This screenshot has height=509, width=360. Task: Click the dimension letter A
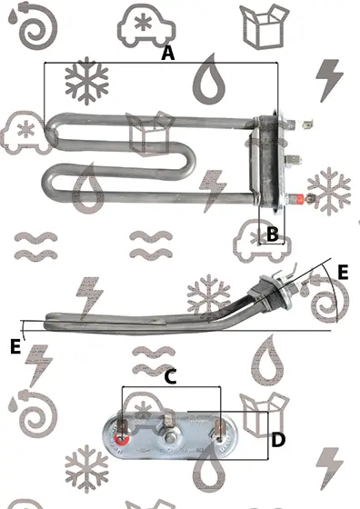(x=168, y=54)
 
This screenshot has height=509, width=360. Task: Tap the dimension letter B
(x=272, y=234)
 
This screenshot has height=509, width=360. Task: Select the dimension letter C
(x=170, y=377)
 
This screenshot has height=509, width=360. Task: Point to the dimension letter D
(x=278, y=440)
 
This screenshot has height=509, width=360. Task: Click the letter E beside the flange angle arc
(x=343, y=272)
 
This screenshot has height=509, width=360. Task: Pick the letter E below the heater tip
(x=15, y=346)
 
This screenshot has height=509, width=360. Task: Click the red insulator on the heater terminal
(x=299, y=198)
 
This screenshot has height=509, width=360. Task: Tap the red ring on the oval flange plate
(x=122, y=441)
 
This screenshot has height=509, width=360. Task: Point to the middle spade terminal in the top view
(x=293, y=160)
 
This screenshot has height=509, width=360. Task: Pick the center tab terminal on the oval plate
(x=168, y=421)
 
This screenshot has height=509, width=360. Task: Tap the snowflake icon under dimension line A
(x=86, y=81)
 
